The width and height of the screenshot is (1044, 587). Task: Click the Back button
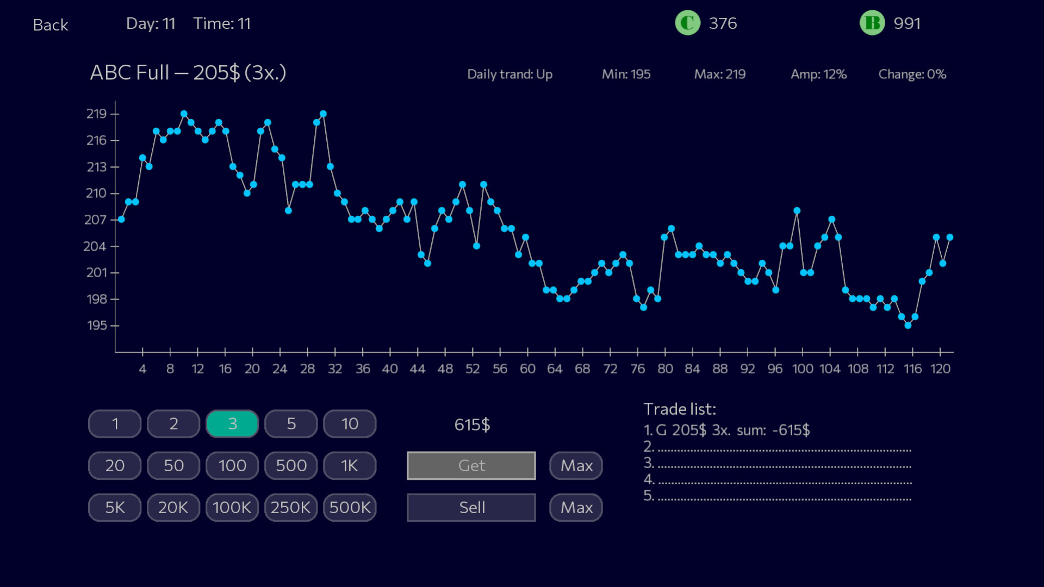tap(51, 25)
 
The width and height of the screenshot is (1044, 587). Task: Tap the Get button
tap(471, 466)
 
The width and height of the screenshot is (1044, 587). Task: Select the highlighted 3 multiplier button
tap(232, 424)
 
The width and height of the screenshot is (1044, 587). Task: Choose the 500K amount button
tap(350, 508)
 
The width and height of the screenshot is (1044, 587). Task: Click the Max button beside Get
tap(576, 466)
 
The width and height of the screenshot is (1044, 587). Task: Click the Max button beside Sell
tap(576, 508)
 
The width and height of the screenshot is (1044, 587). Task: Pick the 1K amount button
tap(350, 466)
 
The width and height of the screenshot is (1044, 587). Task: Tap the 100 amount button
tap(232, 466)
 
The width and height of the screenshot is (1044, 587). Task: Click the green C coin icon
tap(687, 23)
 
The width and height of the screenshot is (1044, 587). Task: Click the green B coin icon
tap(872, 23)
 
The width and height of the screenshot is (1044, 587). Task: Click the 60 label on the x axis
tap(527, 369)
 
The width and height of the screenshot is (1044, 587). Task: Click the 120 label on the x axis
tap(940, 369)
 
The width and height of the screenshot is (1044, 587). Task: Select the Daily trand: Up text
tap(509, 74)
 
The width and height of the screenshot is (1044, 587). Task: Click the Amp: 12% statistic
tap(818, 74)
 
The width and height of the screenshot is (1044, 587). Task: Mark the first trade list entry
tap(726, 430)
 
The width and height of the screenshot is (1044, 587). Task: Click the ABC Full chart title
tap(188, 73)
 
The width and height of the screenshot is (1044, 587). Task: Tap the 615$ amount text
tap(472, 425)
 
